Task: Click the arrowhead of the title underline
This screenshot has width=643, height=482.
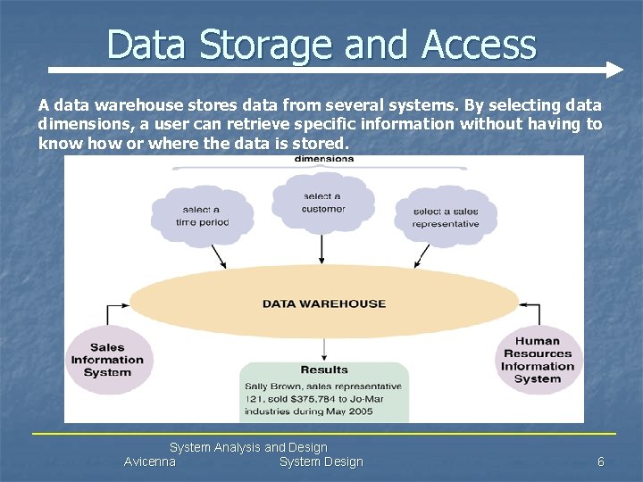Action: coord(614,70)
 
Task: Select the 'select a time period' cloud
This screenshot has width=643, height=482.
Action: coord(202,214)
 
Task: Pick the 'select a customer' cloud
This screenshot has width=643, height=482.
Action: coord(322,202)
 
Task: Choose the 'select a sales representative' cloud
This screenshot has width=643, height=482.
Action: coord(446,216)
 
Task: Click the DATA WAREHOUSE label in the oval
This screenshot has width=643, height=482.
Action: coord(323,303)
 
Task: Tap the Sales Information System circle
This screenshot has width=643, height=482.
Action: coord(107,360)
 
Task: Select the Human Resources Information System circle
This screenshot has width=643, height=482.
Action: coord(538,360)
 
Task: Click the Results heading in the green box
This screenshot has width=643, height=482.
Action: coord(324,370)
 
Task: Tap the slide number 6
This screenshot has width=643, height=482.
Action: coord(601,461)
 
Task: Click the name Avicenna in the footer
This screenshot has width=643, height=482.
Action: coord(150,461)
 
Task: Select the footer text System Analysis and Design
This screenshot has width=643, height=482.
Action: coord(248,447)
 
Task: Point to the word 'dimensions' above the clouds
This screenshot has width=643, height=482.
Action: coord(323,160)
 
